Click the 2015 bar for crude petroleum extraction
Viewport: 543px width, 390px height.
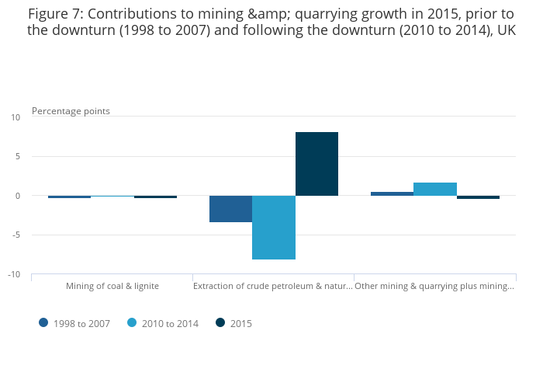[316, 164]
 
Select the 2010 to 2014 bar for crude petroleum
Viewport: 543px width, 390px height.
[274, 228]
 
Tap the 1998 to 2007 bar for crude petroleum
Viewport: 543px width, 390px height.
[230, 209]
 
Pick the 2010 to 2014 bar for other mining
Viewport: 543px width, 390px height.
[435, 189]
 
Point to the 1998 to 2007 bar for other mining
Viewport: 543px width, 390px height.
[392, 193]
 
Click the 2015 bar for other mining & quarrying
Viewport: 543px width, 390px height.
[478, 197]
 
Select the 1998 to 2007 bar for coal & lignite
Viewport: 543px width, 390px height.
[69, 197]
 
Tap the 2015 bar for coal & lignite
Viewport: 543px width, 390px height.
[155, 197]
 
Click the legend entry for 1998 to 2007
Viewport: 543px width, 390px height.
[77, 323]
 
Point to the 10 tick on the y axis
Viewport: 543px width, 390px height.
[16, 117]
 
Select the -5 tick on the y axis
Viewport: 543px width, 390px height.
[16, 235]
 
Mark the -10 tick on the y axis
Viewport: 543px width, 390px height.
[14, 274]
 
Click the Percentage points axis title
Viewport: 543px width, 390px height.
[71, 111]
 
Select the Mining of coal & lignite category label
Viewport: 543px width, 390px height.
[112, 286]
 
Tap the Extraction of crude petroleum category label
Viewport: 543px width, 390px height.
[273, 286]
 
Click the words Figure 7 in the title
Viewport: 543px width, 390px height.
[54, 13]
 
